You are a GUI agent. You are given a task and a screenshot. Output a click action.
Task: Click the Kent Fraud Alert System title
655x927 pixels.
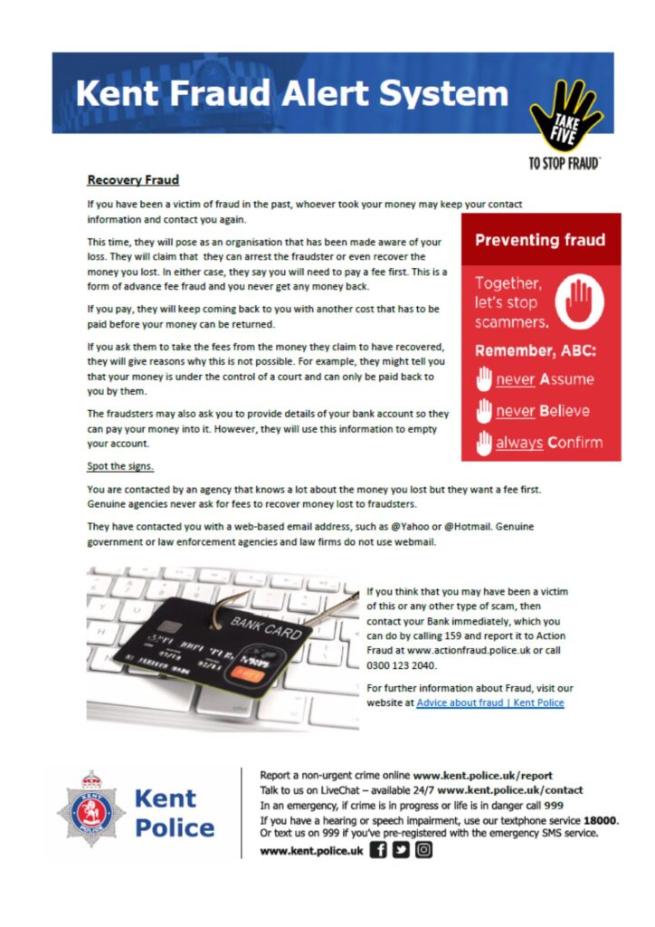(x=292, y=94)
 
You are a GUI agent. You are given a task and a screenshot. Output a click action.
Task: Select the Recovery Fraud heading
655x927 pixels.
(x=133, y=179)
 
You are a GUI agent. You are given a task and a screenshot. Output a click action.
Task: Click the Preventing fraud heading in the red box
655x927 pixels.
(x=540, y=240)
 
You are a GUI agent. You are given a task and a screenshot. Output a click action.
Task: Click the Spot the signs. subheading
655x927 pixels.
(x=120, y=467)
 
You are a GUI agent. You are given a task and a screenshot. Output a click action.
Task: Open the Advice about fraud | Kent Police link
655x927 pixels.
(x=489, y=703)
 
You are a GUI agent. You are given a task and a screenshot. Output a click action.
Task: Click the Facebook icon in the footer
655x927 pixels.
(x=378, y=851)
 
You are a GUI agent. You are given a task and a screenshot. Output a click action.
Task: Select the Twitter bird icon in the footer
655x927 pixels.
(x=400, y=851)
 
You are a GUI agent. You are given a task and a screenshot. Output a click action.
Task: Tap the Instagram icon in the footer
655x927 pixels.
(x=422, y=851)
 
